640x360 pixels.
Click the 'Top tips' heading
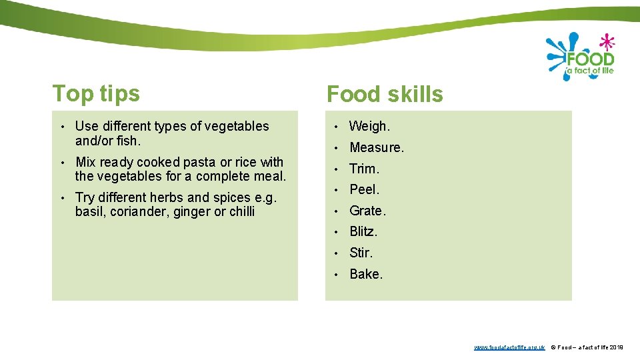coord(96,93)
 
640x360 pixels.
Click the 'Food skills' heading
coord(385,95)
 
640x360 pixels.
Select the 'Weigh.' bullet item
coord(370,126)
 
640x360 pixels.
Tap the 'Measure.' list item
coord(377,147)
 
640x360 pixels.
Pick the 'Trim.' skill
coord(364,169)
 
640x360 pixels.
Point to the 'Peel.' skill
coord(364,189)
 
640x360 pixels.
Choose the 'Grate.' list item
coord(367,211)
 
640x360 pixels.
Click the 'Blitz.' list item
coord(363,232)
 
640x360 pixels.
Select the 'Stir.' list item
coord(361,253)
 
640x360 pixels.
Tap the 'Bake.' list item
coord(366,274)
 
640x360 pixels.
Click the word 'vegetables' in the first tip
coord(237,126)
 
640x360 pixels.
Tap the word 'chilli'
coord(241,212)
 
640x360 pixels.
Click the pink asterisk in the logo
coord(605,43)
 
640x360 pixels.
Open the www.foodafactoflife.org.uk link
coord(509,347)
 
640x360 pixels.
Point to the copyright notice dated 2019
coord(587,347)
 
